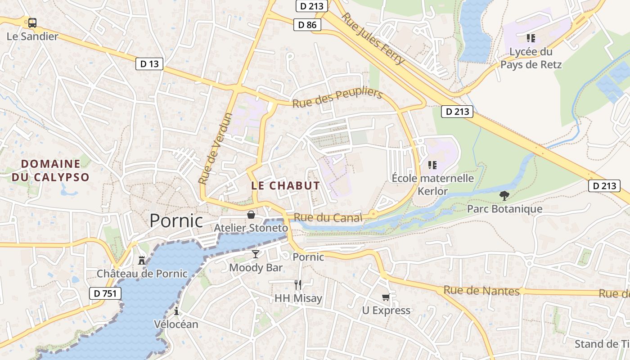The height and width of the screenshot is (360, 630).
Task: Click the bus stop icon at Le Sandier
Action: click(32, 23)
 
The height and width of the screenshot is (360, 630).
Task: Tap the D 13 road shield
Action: click(149, 64)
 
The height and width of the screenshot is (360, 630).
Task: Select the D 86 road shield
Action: click(308, 25)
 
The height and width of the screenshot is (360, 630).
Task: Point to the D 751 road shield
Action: click(105, 293)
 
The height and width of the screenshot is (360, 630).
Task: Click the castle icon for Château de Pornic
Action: click(142, 260)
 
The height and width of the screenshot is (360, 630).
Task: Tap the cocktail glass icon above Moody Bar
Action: click(256, 254)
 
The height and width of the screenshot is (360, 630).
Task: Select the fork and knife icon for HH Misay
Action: click(297, 284)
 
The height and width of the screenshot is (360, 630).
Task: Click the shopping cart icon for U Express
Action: click(386, 297)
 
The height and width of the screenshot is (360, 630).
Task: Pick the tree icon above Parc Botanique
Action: click(504, 196)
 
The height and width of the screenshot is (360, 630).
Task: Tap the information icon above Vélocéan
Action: click(176, 311)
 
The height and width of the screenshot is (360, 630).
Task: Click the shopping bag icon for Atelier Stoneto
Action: click(251, 215)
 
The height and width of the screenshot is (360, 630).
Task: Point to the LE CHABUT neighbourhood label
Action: click(285, 185)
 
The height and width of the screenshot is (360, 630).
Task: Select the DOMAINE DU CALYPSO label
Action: click(50, 171)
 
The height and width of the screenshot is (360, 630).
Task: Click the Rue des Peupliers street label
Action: click(337, 98)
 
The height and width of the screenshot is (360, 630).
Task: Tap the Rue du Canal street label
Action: click(328, 218)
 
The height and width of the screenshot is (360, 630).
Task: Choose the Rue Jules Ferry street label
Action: click(373, 39)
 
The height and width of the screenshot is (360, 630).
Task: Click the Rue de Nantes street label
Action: click(481, 291)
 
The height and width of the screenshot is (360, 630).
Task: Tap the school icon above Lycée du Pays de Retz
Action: click(531, 38)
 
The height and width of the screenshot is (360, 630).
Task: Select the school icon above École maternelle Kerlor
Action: click(432, 165)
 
